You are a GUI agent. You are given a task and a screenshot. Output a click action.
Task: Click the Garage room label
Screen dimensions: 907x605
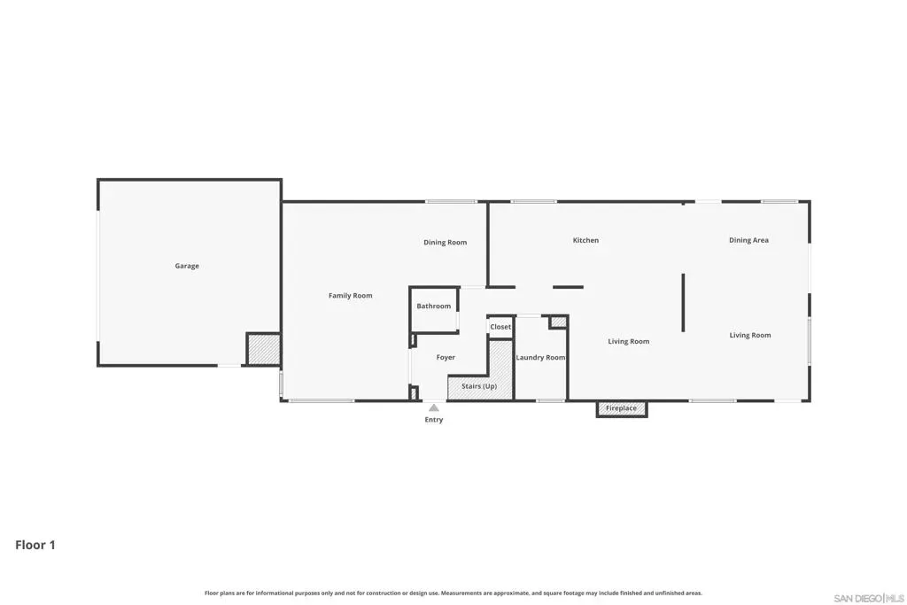(187, 266)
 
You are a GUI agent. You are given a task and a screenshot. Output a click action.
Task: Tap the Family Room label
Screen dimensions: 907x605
(351, 296)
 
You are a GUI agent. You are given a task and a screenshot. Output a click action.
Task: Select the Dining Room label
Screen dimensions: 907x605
(445, 243)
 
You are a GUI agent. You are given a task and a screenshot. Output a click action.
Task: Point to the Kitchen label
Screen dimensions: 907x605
(585, 240)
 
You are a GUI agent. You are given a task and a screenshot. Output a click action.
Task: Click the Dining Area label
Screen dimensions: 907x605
(748, 240)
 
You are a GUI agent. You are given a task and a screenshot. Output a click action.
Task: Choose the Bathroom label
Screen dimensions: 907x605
(433, 306)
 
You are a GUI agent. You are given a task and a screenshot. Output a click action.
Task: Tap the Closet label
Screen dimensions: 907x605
(500, 327)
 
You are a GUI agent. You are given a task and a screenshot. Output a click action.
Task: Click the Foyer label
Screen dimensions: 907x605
(446, 358)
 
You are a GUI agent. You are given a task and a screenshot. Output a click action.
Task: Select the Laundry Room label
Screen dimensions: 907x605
(540, 358)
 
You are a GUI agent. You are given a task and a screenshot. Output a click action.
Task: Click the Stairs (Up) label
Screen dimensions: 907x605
(479, 386)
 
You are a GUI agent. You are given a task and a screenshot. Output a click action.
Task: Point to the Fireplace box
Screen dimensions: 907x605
(622, 409)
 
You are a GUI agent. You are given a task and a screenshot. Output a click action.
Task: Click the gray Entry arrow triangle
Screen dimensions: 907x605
(434, 407)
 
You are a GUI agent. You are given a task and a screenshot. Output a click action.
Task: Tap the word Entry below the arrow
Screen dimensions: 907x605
(434, 420)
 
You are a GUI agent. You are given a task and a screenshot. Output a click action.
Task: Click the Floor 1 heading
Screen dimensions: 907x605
(35, 545)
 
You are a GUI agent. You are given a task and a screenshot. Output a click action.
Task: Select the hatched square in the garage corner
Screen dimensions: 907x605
(264, 349)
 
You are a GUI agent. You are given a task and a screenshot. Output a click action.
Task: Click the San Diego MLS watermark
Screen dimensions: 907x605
(869, 598)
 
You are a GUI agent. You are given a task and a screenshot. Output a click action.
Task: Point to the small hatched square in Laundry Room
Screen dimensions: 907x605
(558, 322)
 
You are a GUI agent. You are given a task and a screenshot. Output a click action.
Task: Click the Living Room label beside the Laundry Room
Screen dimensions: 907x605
(628, 341)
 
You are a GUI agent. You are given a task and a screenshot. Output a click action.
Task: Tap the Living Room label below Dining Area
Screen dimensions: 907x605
(749, 335)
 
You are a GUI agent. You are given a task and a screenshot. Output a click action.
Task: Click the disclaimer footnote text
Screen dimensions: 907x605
(453, 593)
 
